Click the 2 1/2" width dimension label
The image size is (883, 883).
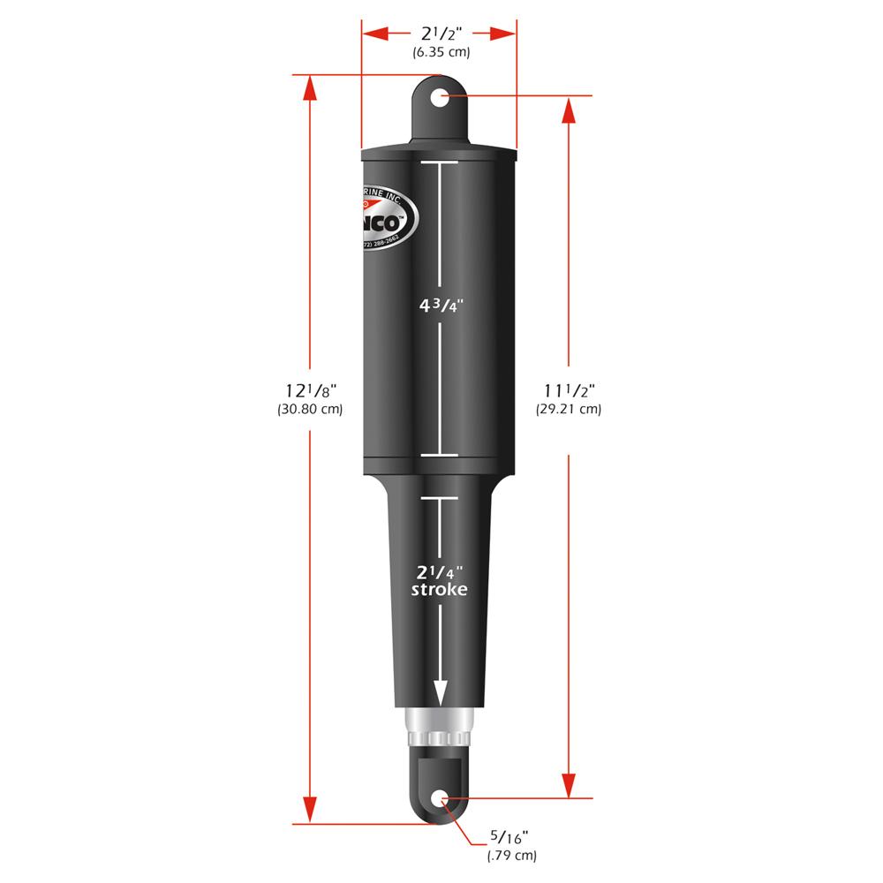coord(440,34)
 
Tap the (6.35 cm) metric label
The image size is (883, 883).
coord(440,53)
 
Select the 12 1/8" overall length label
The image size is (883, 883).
coord(309,390)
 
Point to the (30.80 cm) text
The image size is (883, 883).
coord(309,410)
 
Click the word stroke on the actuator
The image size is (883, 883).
coord(439,590)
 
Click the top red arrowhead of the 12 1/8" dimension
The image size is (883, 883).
coord(309,88)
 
